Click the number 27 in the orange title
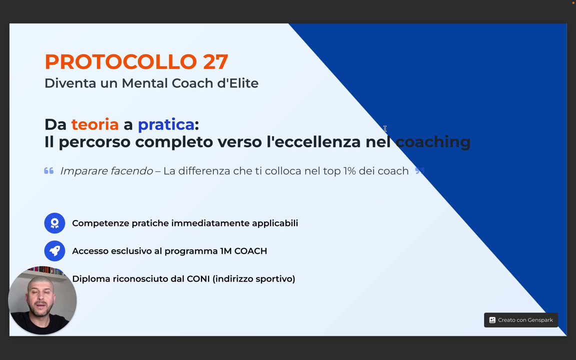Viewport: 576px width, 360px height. coord(215,61)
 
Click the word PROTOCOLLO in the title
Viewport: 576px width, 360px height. coord(121,61)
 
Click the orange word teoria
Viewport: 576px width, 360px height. coord(95,124)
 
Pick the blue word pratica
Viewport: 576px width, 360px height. coord(166,125)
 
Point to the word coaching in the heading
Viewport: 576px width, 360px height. coord(433,142)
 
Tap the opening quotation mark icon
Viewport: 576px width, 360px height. coord(49,171)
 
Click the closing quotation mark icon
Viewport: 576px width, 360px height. coord(420,170)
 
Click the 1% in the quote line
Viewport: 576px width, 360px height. coord(349,171)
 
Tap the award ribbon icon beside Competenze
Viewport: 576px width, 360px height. coord(54,223)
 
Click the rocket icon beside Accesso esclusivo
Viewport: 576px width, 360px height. coord(54,251)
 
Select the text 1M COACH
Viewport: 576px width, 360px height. coord(243,251)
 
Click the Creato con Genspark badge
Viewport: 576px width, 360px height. coord(521,320)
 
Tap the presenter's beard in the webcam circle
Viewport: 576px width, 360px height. coord(40,309)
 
